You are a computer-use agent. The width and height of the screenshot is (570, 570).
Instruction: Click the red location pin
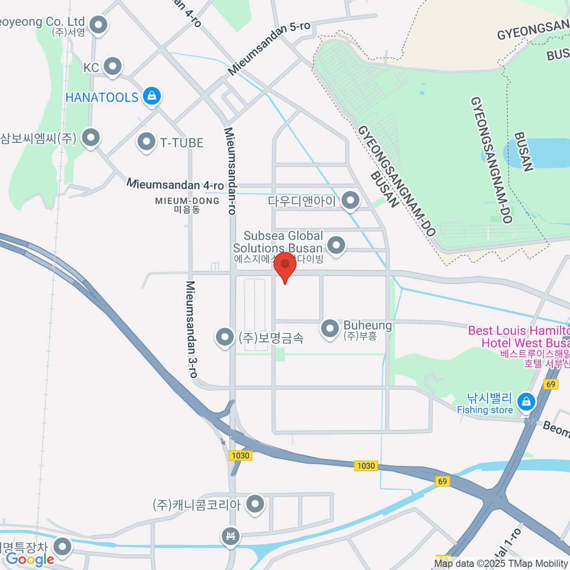(285, 265)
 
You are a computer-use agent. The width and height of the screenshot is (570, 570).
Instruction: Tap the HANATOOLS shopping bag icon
(152, 96)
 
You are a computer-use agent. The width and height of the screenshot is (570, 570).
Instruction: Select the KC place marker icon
(113, 66)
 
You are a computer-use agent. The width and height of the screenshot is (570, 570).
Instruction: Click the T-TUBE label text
(181, 143)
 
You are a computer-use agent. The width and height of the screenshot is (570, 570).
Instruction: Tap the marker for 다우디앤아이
(351, 200)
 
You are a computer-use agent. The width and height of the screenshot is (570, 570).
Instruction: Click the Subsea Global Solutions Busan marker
(336, 246)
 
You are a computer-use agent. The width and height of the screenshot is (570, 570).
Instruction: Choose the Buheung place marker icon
(330, 328)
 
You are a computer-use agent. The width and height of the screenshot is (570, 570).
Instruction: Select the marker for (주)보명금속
(224, 337)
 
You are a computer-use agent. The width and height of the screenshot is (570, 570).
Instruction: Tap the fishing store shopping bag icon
(526, 402)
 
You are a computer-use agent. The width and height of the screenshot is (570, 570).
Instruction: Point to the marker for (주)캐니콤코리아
(256, 504)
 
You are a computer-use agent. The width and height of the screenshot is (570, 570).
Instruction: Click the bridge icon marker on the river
(231, 536)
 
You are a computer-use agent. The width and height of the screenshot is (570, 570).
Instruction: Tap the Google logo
(29, 560)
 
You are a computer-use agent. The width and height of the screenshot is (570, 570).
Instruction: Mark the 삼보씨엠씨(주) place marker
(90, 138)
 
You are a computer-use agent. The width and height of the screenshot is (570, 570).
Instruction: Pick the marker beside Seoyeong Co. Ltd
(98, 25)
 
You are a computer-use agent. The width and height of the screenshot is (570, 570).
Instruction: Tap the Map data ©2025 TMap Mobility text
(501, 563)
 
